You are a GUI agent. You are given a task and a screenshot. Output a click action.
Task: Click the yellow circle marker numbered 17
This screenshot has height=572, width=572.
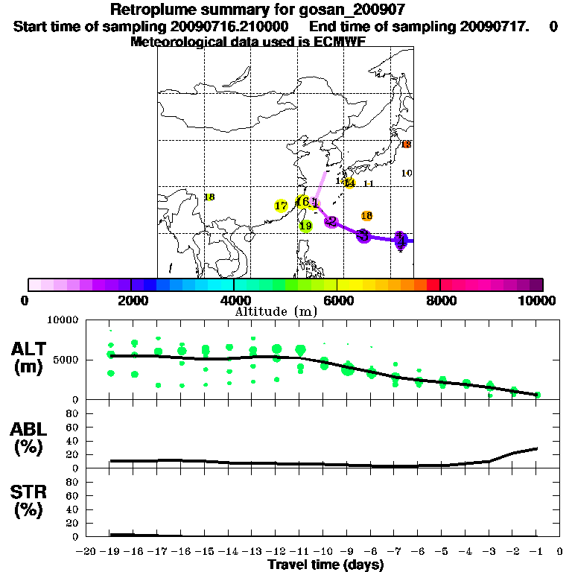(281, 206)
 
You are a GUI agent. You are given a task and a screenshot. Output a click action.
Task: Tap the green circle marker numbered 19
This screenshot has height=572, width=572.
(305, 226)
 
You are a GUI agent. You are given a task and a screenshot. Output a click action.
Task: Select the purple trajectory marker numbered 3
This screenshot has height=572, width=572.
(363, 235)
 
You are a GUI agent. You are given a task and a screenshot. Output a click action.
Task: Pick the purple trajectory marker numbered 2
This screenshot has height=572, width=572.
(331, 221)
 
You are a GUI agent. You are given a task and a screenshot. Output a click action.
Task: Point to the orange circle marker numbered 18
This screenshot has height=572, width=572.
(366, 216)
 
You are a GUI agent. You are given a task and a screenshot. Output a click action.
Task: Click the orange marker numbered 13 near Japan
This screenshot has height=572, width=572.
(406, 144)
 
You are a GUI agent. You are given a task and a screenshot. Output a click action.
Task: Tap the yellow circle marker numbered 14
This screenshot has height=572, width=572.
(349, 183)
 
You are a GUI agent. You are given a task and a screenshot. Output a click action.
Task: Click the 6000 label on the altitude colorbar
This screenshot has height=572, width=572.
(337, 301)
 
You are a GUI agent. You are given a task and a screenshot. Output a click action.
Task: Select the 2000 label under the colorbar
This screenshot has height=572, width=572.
(130, 301)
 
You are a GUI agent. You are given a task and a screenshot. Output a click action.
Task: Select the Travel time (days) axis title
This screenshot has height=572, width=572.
(325, 565)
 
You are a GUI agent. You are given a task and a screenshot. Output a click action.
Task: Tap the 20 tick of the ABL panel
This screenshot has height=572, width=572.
(74, 454)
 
